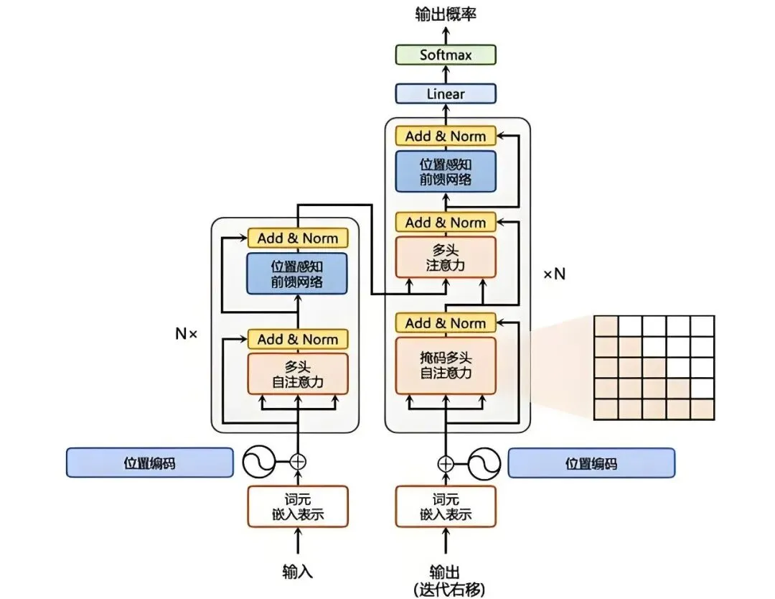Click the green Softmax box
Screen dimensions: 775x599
tap(446, 55)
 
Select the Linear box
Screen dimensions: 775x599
tap(446, 93)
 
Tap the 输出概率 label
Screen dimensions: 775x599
tap(446, 14)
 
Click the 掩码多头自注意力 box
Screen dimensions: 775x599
tap(446, 366)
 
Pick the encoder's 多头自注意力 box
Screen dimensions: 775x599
tap(298, 374)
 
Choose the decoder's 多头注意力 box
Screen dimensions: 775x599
tap(446, 257)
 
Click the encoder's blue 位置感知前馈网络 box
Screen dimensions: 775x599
tap(297, 274)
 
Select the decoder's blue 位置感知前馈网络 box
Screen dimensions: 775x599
tap(446, 171)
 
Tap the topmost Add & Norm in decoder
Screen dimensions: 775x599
tap(446, 136)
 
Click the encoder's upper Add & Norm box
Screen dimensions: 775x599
tap(298, 238)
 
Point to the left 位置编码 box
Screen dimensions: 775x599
tap(150, 463)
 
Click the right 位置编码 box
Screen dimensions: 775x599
tap(591, 463)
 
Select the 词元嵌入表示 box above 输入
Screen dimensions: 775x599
tap(298, 506)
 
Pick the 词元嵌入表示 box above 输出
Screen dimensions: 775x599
tap(446, 506)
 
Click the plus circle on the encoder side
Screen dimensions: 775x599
tap(298, 462)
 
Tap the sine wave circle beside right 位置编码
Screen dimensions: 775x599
tap(484, 463)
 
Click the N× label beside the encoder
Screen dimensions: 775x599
tap(187, 334)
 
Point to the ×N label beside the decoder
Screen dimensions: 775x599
tap(555, 274)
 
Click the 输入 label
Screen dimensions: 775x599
tap(298, 572)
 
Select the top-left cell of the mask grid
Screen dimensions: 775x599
tap(606, 327)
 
